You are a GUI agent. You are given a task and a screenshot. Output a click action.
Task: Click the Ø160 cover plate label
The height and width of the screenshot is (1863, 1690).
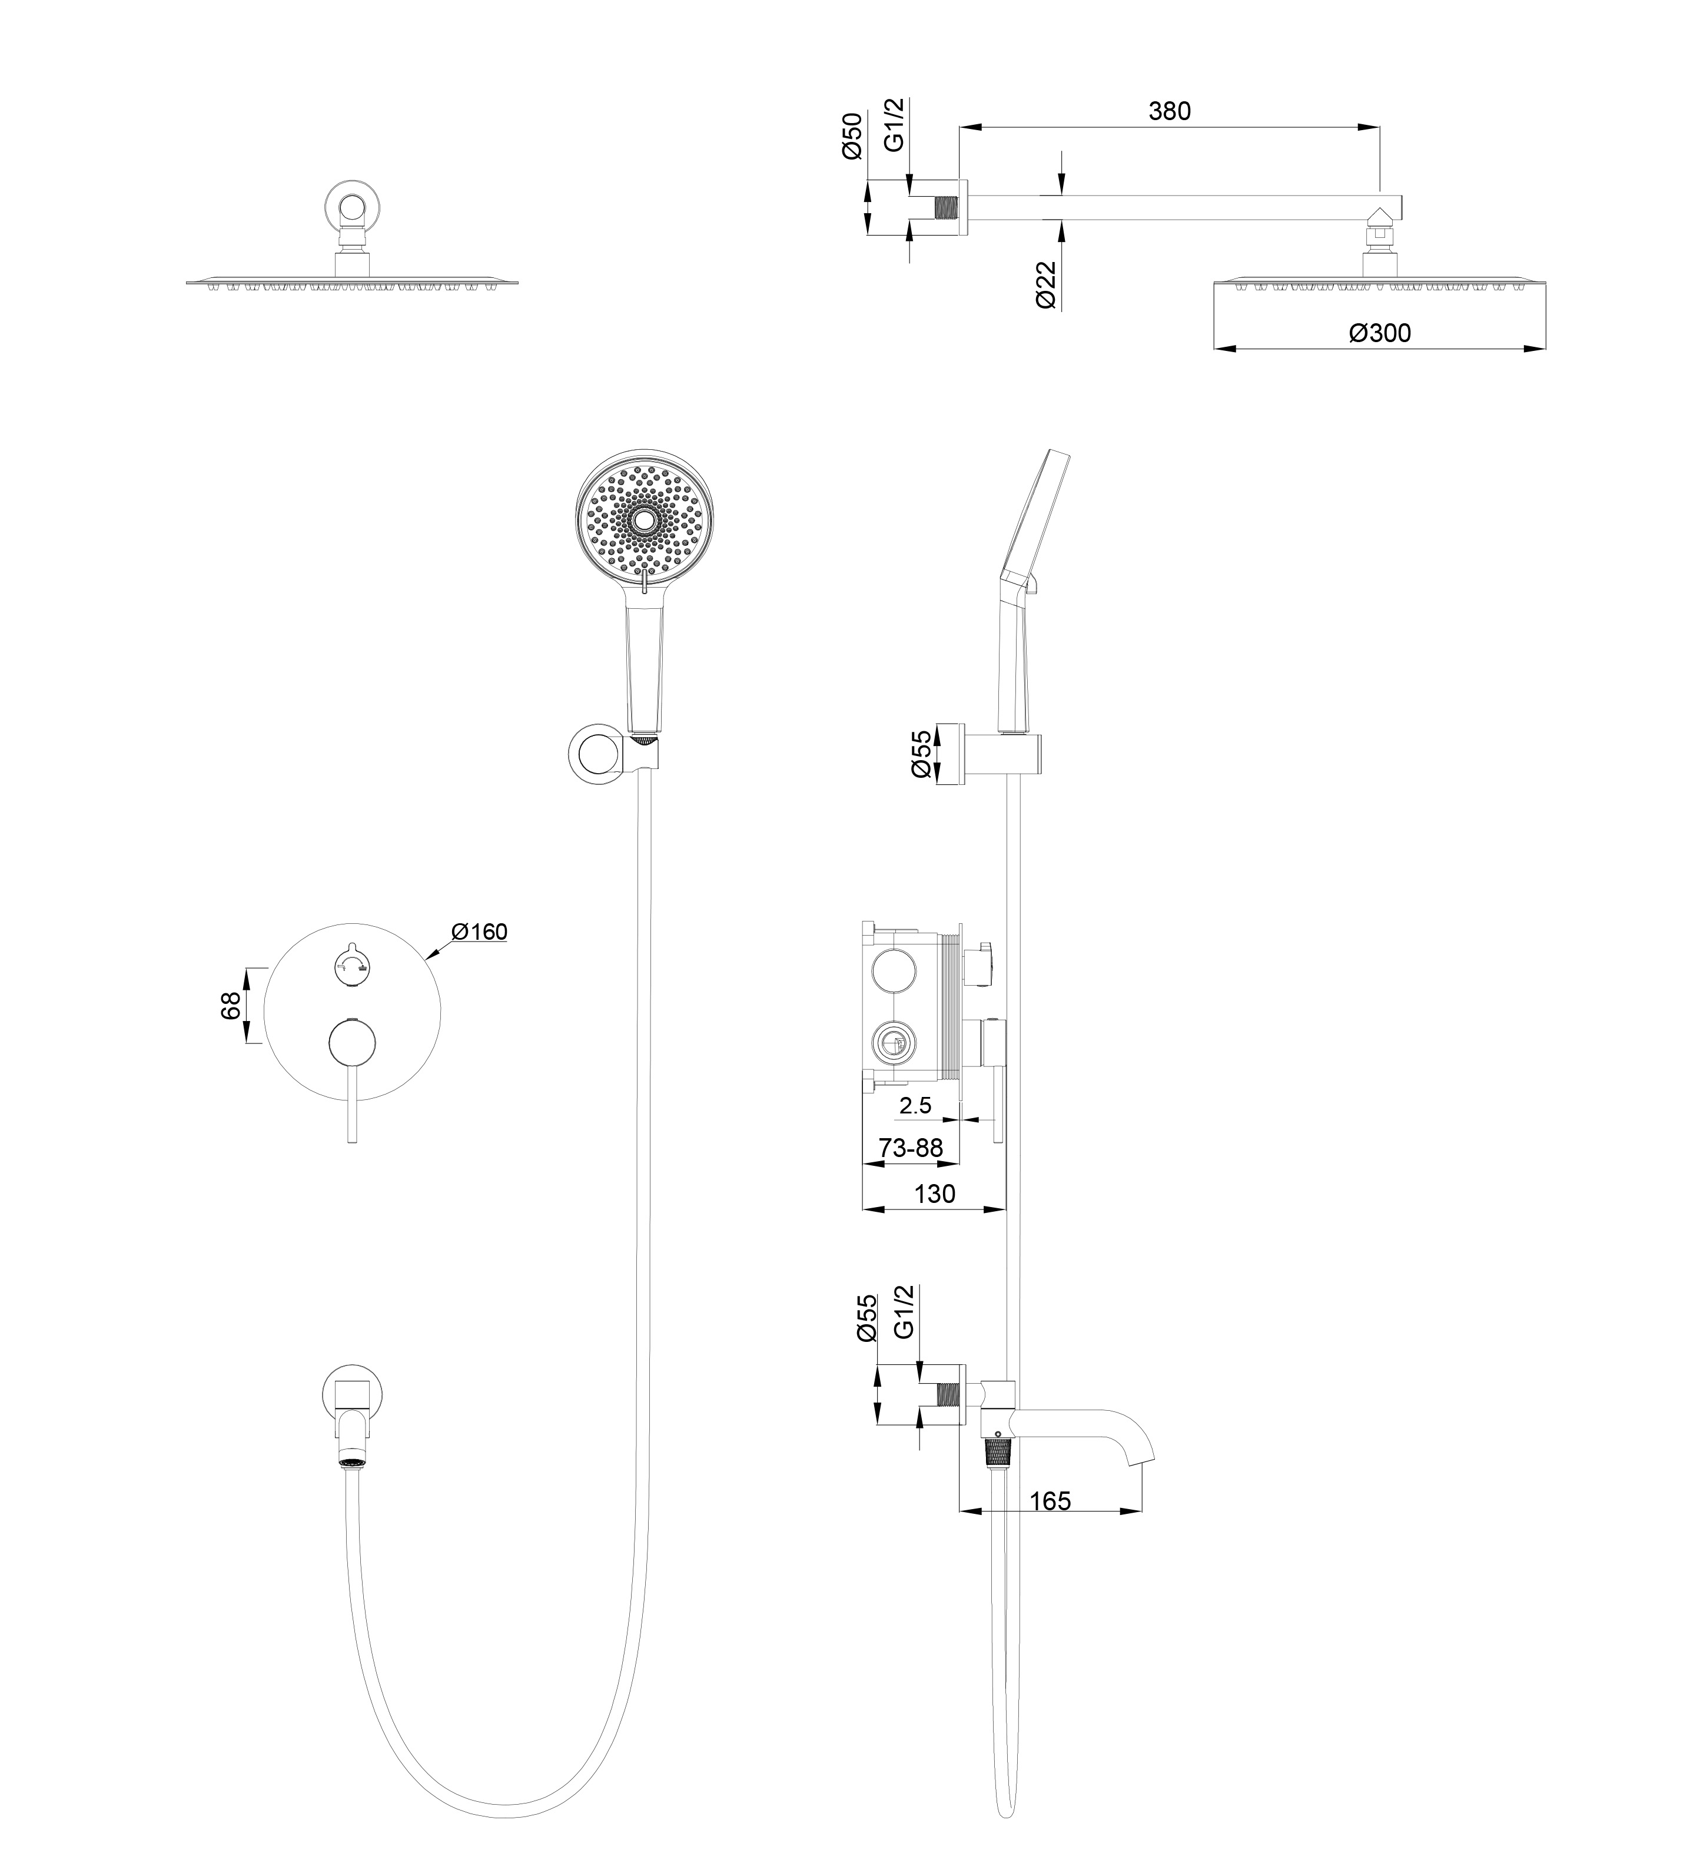click(480, 931)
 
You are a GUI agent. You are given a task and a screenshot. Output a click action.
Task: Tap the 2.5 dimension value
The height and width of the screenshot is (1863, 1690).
click(915, 1105)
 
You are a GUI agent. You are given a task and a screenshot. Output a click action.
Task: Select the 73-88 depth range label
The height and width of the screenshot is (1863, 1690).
click(911, 1148)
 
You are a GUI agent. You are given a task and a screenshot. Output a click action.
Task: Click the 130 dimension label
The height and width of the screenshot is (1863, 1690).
click(934, 1194)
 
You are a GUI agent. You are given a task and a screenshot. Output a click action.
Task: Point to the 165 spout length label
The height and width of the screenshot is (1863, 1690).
click(1051, 1501)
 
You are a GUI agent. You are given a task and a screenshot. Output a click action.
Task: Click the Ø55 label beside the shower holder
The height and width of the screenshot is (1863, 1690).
click(921, 754)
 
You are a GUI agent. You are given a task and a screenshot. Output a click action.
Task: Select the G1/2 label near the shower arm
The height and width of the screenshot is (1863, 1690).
click(894, 125)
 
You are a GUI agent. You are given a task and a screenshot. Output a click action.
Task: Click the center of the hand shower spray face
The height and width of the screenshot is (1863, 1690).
click(641, 523)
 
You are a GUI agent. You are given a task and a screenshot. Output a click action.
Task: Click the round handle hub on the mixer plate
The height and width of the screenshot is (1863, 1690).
click(352, 1043)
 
